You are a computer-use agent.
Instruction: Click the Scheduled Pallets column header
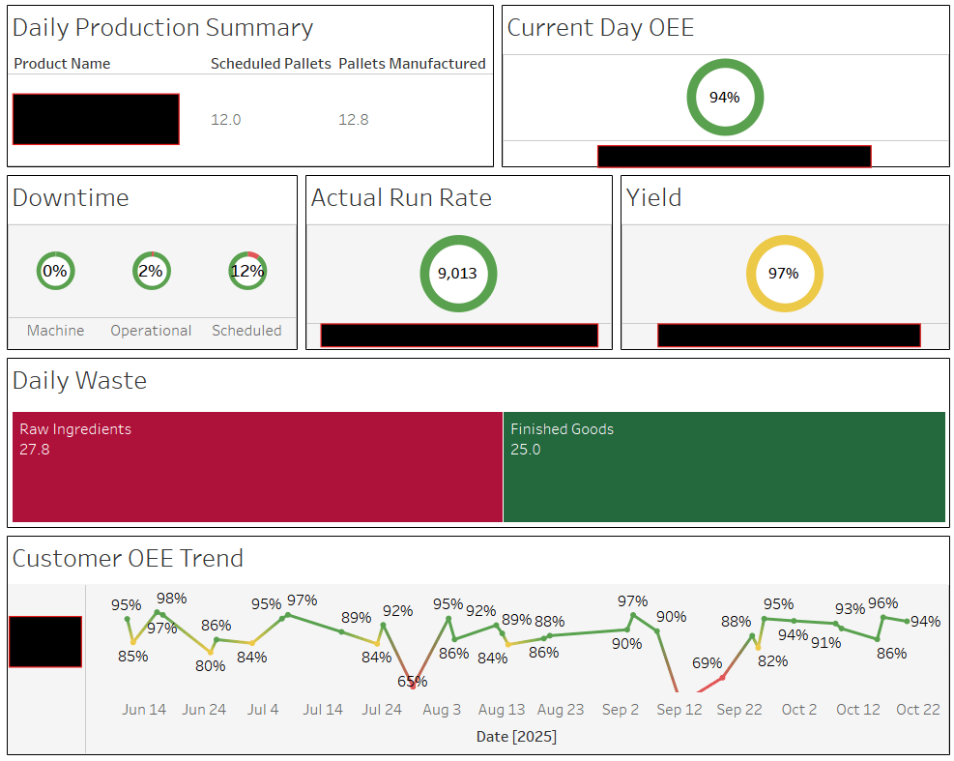[x=271, y=64]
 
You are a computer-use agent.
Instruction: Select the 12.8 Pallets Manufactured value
[x=353, y=120]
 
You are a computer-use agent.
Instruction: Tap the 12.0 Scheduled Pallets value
[x=225, y=120]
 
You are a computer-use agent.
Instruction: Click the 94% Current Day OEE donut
[x=725, y=98]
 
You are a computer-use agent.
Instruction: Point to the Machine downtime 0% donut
[x=55, y=272]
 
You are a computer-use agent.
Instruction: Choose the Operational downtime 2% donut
[x=151, y=272]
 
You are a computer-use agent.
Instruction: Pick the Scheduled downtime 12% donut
[x=247, y=272]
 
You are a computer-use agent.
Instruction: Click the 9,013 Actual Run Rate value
[x=458, y=274]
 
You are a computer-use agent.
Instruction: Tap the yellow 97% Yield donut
[x=784, y=274]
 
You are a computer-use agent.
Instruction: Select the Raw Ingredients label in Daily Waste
[x=75, y=429]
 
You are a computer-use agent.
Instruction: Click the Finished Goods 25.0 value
[x=526, y=450]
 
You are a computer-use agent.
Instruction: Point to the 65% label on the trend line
[x=412, y=682]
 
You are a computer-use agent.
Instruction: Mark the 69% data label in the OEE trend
[x=707, y=663]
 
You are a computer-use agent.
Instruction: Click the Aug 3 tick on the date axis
[x=442, y=710]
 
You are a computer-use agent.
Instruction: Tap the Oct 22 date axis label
[x=917, y=710]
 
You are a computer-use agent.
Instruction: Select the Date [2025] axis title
[x=516, y=737]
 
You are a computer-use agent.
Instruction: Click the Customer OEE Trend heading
[x=128, y=559]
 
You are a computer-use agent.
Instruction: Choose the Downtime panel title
[x=71, y=198]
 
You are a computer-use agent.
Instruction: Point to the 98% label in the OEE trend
[x=171, y=599]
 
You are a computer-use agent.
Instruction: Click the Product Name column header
[x=62, y=64]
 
